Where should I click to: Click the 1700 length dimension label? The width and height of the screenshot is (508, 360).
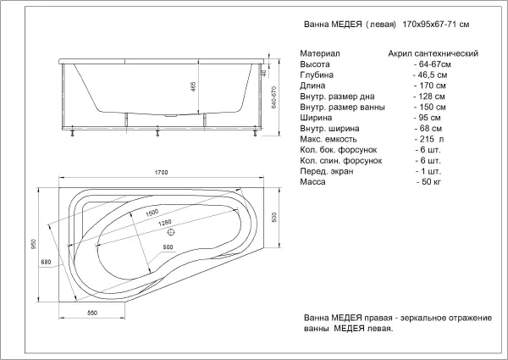[x=161, y=173]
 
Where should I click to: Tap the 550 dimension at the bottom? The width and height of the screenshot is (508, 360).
[x=92, y=313]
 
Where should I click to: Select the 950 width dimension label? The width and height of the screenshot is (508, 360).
[x=34, y=244]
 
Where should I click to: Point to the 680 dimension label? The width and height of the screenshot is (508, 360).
[x=46, y=262]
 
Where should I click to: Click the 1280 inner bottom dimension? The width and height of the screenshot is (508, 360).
[x=165, y=224]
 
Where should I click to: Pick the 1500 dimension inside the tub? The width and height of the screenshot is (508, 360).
[x=152, y=213]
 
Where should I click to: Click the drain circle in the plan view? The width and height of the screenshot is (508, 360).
[x=171, y=232]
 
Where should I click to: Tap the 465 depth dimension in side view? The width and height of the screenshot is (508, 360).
[x=193, y=86]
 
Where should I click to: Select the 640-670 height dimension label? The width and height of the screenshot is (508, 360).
[x=273, y=97]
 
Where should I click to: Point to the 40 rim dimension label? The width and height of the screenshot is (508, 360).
[x=264, y=73]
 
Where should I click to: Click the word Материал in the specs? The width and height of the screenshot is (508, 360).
[x=320, y=53]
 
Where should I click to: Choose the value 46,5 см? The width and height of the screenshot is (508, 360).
[x=430, y=75]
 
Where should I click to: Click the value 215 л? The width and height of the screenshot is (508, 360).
[x=429, y=139]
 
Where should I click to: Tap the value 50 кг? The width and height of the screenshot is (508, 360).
[x=429, y=181]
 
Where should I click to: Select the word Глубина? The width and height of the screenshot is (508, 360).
[x=317, y=75]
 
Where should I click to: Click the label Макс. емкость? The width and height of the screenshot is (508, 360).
[x=329, y=139]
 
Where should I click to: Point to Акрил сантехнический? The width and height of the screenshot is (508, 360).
[x=433, y=53]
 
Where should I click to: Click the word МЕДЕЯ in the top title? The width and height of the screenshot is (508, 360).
[x=346, y=25]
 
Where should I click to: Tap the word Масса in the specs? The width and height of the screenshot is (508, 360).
[x=312, y=181]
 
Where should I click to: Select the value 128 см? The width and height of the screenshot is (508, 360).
[x=429, y=97]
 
